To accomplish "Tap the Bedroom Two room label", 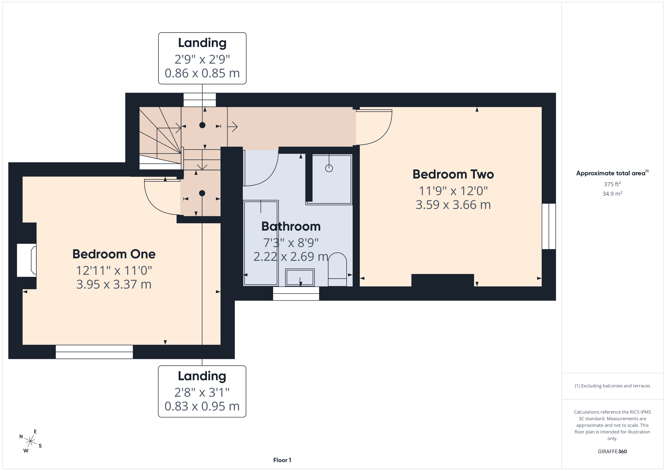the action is (x=453, y=174).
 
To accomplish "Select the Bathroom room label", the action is (x=291, y=226).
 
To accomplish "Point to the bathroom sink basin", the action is (x=300, y=277).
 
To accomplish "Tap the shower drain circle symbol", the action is (x=329, y=168).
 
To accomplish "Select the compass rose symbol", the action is (x=30, y=441).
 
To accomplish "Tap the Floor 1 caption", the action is (x=282, y=460).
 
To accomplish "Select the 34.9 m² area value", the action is (x=612, y=193).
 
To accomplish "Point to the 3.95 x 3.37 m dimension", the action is (x=114, y=284).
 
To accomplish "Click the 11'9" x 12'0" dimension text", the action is (x=453, y=191).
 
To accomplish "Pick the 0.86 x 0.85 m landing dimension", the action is (x=202, y=73).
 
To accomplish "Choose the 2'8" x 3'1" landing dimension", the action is (x=202, y=392).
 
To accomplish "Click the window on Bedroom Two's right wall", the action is (x=549, y=226).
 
